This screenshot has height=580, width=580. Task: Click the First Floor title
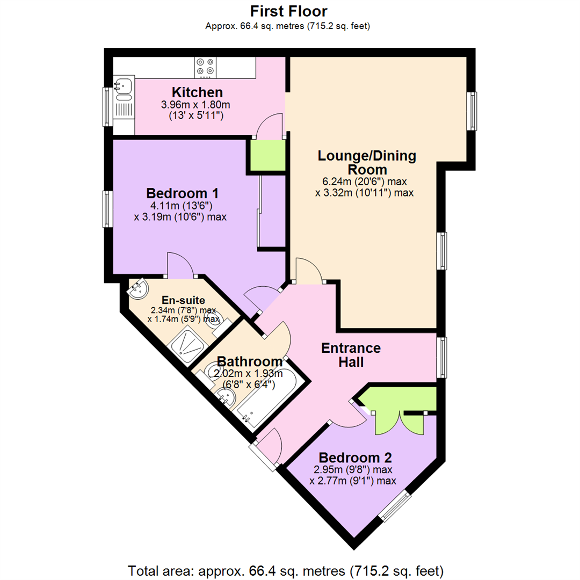(288, 11)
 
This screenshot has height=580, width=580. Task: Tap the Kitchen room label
(197, 92)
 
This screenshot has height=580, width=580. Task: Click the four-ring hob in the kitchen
(205, 67)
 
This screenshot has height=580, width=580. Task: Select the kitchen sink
(123, 89)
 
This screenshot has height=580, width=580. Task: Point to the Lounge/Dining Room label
(367, 162)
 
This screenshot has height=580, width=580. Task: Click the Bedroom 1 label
(183, 193)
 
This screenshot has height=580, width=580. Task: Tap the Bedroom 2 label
(355, 458)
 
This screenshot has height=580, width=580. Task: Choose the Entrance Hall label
(351, 355)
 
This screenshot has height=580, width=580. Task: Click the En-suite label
(184, 300)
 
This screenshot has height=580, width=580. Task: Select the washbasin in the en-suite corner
(138, 289)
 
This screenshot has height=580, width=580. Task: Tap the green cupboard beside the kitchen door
(268, 155)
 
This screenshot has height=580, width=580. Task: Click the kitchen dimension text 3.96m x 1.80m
(195, 105)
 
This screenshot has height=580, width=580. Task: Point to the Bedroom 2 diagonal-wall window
(395, 506)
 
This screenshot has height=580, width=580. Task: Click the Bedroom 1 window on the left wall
(107, 209)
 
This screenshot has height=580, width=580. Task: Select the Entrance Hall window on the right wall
(441, 357)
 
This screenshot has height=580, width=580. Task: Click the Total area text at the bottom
(286, 571)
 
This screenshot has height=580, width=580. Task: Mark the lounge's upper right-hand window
(472, 111)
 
